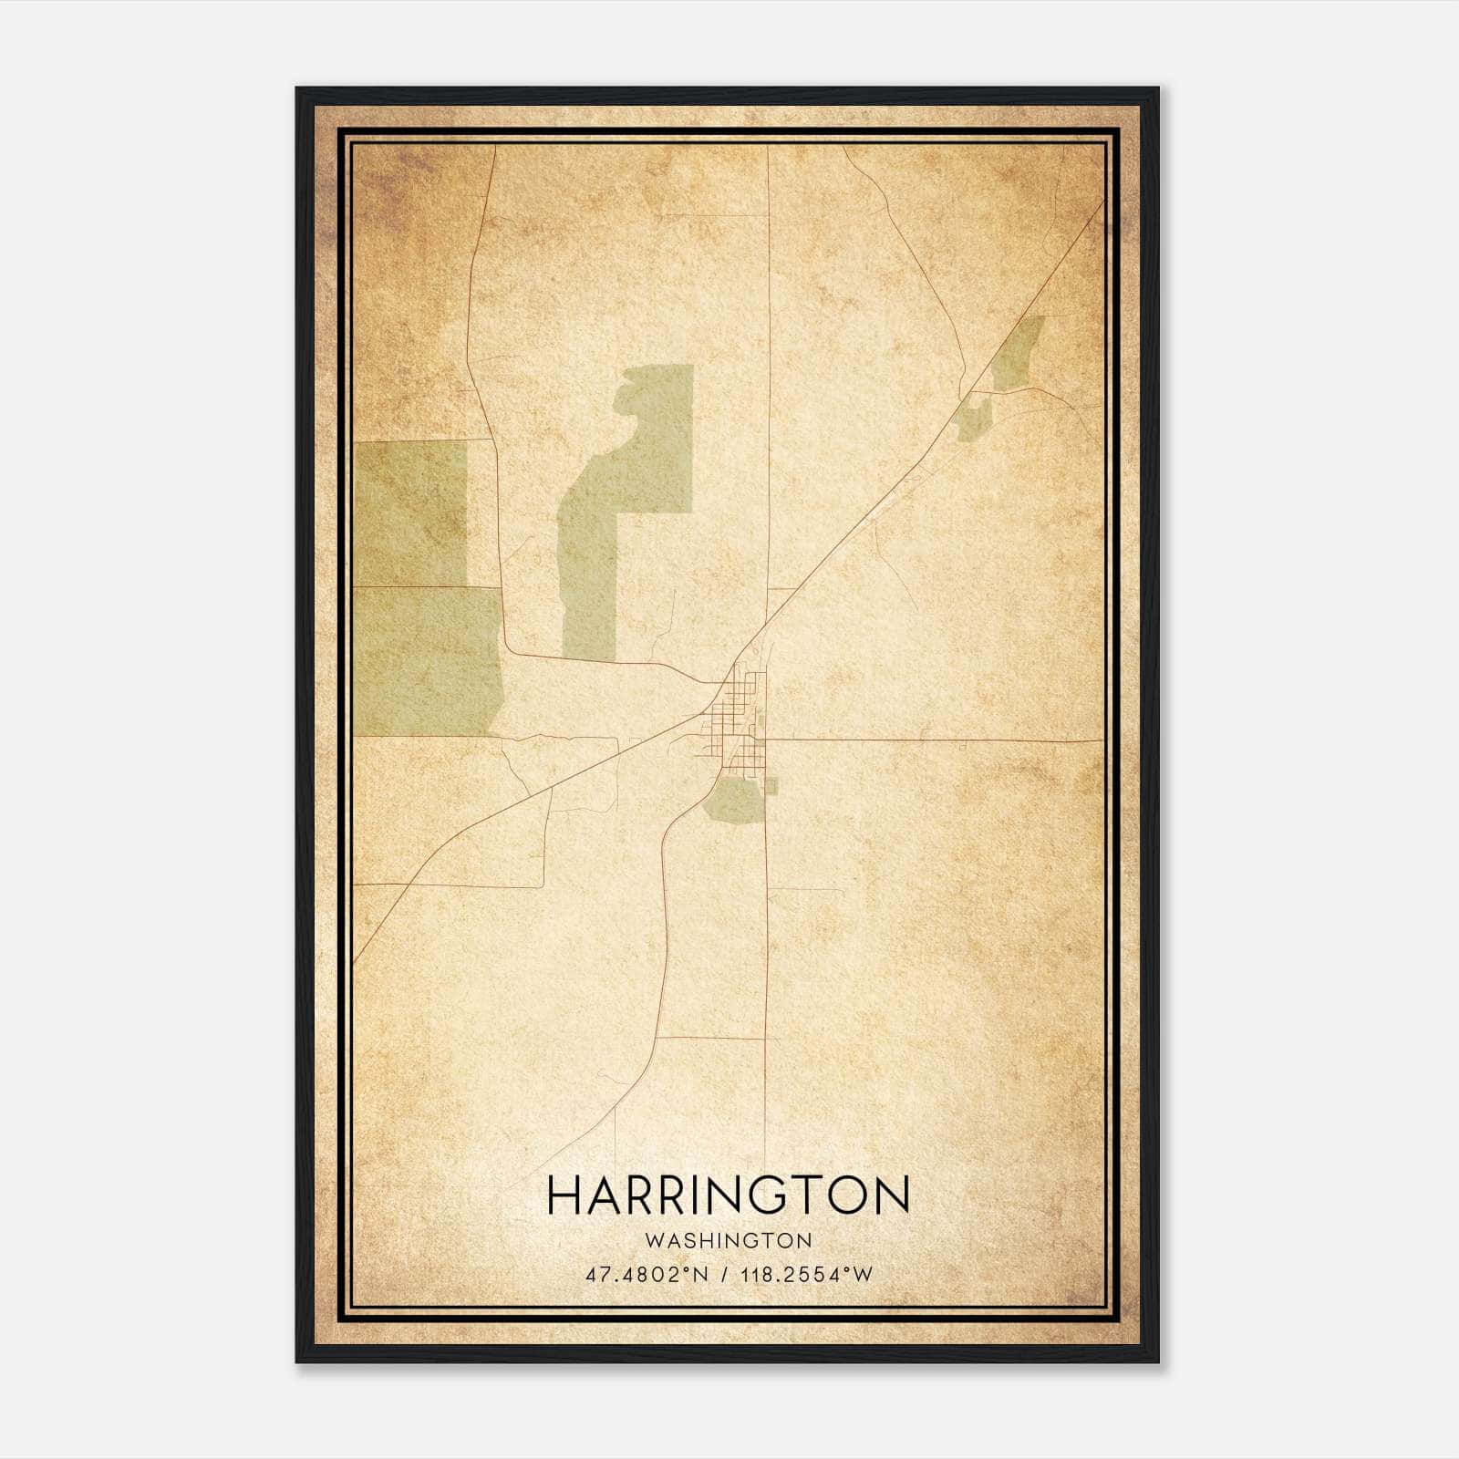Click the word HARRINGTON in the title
[728, 1195]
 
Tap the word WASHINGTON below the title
[728, 1240]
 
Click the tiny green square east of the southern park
[771, 785]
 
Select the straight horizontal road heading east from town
[930, 740]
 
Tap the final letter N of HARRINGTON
[892, 1195]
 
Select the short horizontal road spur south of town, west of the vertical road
[711, 1038]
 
